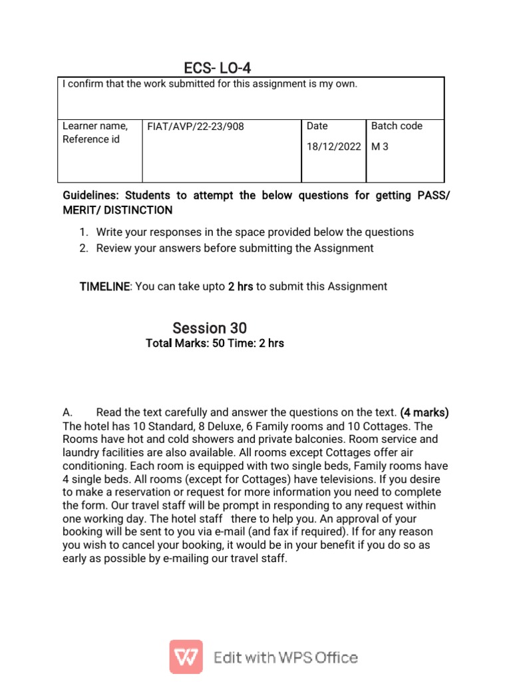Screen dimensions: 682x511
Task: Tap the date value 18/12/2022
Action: tap(333, 147)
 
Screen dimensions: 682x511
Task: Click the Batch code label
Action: tap(397, 126)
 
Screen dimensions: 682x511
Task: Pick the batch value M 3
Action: tap(379, 147)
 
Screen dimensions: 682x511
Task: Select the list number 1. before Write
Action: tap(84, 232)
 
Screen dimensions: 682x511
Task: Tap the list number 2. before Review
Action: tap(84, 248)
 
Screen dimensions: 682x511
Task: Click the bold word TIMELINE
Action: tap(104, 286)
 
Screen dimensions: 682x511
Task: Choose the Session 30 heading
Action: tap(210, 328)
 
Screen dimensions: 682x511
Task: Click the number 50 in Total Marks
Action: tap(219, 344)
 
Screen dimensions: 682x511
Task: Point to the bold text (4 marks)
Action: tap(425, 412)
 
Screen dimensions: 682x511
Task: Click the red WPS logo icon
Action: tap(186, 657)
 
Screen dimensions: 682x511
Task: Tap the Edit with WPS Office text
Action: tap(285, 658)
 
